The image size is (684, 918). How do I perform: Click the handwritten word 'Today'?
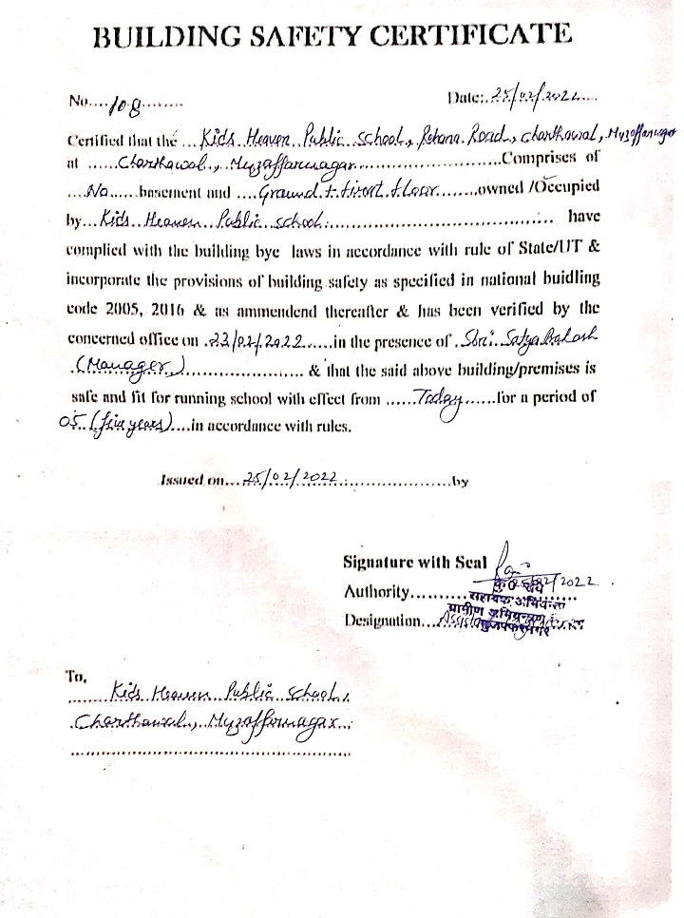tap(438, 397)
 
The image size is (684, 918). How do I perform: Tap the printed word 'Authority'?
tap(375, 592)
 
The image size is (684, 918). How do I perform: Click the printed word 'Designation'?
tap(383, 622)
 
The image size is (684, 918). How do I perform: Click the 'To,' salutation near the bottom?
tap(76, 678)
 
